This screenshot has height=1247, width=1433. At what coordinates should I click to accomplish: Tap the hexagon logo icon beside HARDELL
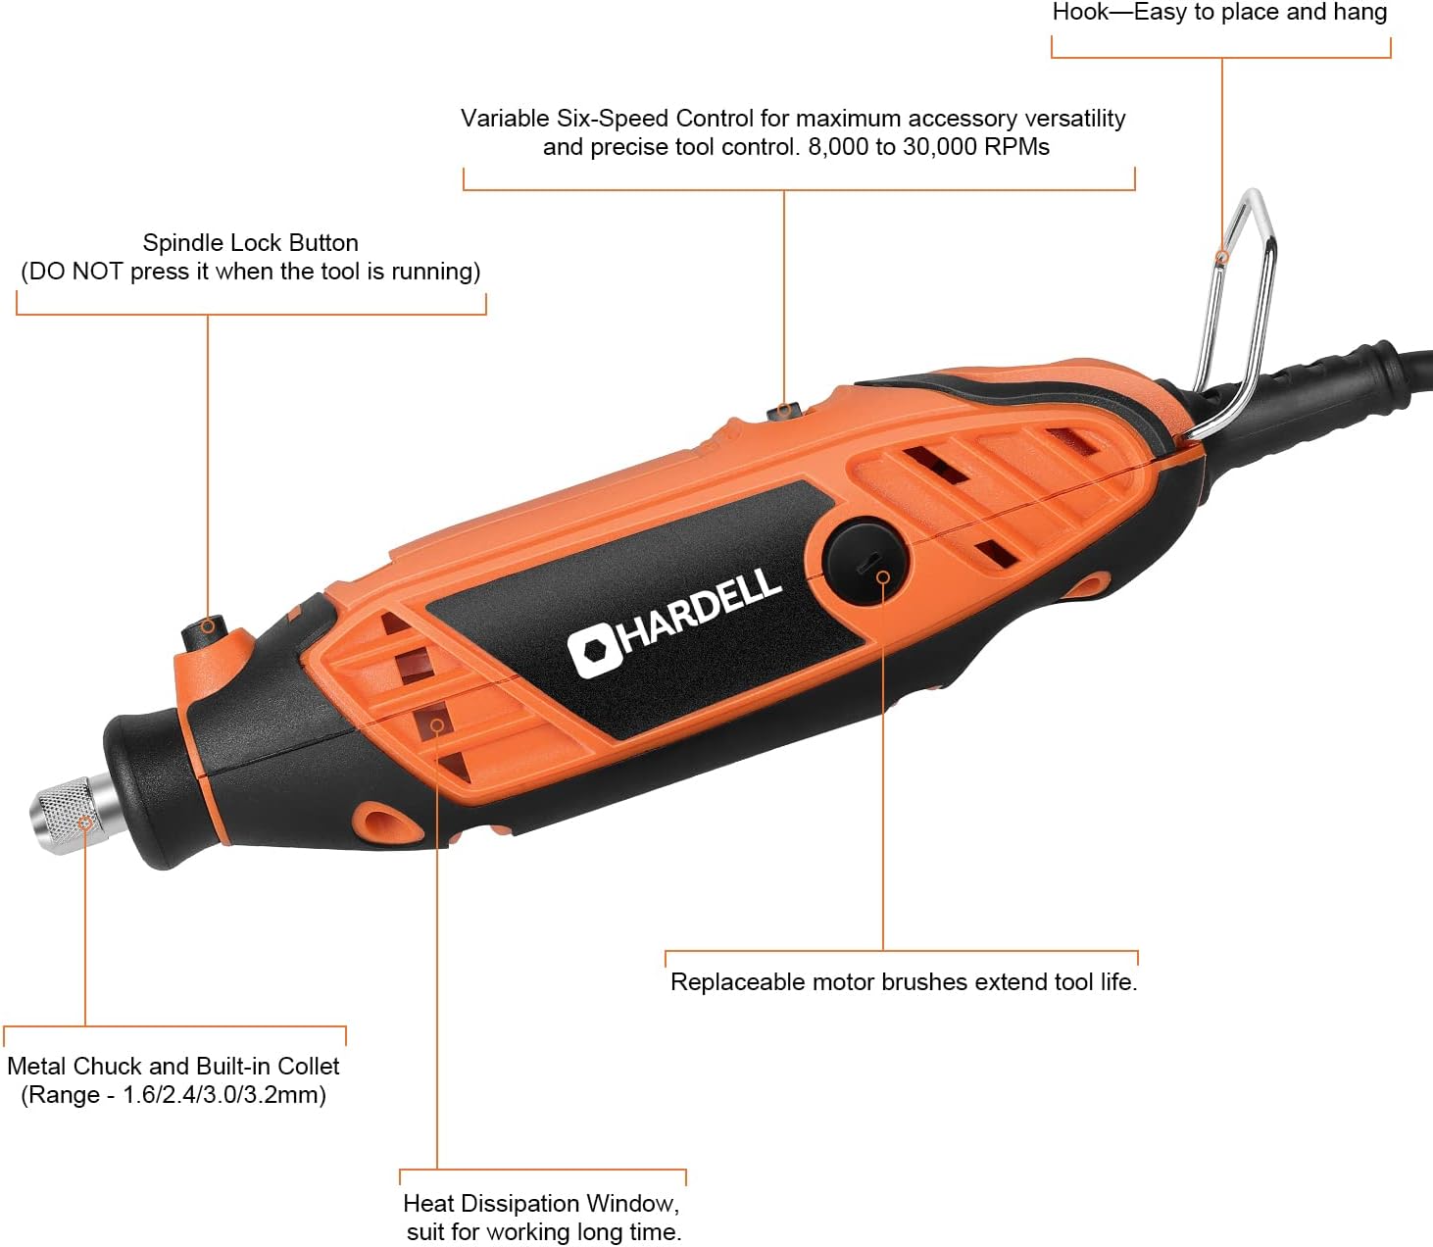point(594,652)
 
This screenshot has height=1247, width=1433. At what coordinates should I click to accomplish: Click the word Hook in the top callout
point(1081,12)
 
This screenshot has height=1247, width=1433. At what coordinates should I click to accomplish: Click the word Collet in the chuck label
point(308,1066)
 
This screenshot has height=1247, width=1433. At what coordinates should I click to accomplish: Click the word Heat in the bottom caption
point(430,1203)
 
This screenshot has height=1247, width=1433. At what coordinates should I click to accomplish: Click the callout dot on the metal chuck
point(84,823)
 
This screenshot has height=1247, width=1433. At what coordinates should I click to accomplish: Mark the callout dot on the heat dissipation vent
point(437,724)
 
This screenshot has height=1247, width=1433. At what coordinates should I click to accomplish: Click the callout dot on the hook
point(1222,257)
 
